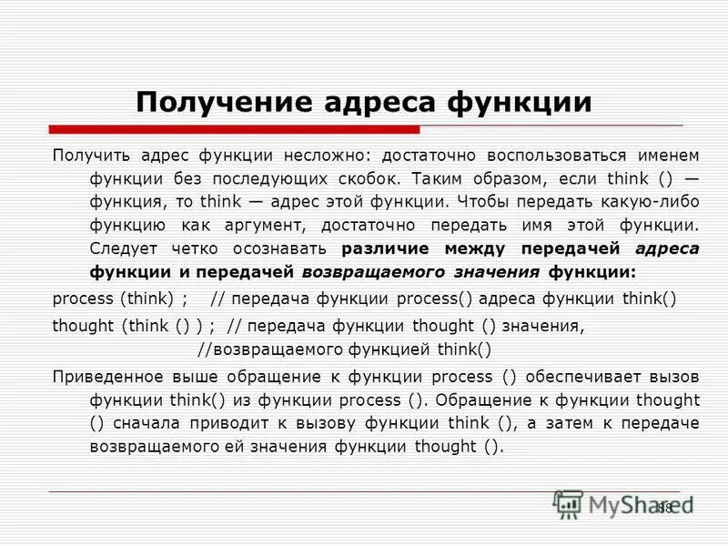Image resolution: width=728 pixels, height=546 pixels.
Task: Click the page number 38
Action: pos(663,508)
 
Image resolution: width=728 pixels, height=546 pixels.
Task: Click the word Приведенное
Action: pos(102,376)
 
